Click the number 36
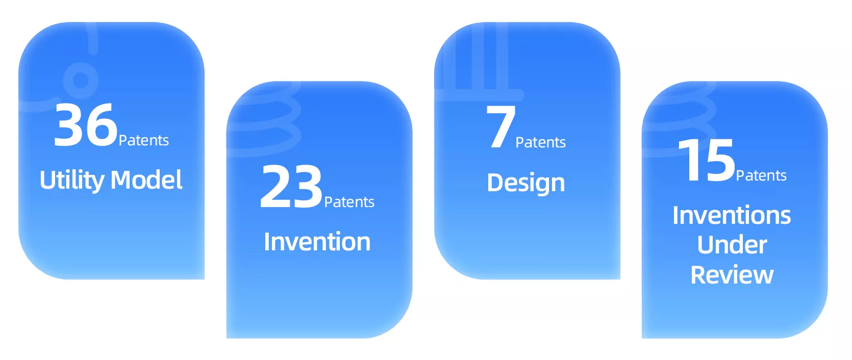pos(86,125)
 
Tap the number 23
pos(291,186)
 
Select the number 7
pos(501,126)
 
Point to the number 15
pos(706,160)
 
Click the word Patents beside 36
pos(144,140)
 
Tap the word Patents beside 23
pos(349,202)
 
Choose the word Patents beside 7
pos(540,142)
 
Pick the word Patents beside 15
pos(761,175)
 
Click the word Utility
pos(72,180)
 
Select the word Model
pos(146,179)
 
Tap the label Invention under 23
pos(317,241)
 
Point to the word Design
pos(526,183)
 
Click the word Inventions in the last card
pos(732,215)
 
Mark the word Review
pos(732,274)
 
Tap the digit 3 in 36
pos(69,125)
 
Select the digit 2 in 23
pos(275,186)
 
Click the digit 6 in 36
pos(102,125)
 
